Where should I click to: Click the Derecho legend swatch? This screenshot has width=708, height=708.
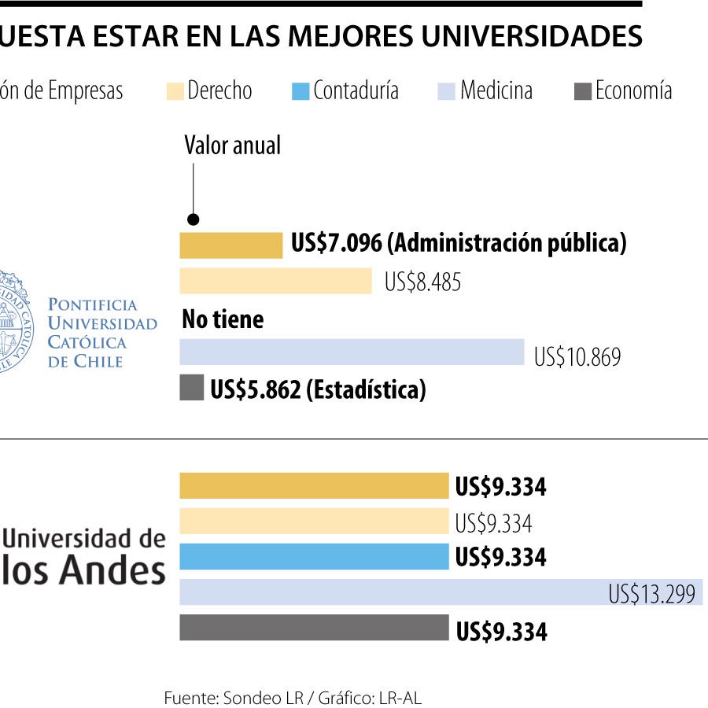(175, 91)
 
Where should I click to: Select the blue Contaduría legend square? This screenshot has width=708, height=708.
(301, 91)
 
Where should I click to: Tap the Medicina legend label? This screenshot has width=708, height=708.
(496, 90)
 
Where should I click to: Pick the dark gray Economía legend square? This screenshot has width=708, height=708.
(583, 91)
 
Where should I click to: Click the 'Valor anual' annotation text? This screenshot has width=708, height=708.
(232, 145)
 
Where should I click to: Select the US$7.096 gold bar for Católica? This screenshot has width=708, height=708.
(230, 245)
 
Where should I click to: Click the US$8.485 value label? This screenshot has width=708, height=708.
(422, 282)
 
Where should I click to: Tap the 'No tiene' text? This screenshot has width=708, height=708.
(223, 319)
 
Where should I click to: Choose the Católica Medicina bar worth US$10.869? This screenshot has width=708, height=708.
(352, 352)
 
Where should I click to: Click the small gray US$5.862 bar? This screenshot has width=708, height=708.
(192, 388)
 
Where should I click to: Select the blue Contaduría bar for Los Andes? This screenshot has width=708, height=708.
(314, 557)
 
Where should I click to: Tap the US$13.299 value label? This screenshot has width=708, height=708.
(651, 594)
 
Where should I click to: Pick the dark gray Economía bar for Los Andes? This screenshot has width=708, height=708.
(314, 628)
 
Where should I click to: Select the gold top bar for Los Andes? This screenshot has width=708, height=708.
(314, 486)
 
